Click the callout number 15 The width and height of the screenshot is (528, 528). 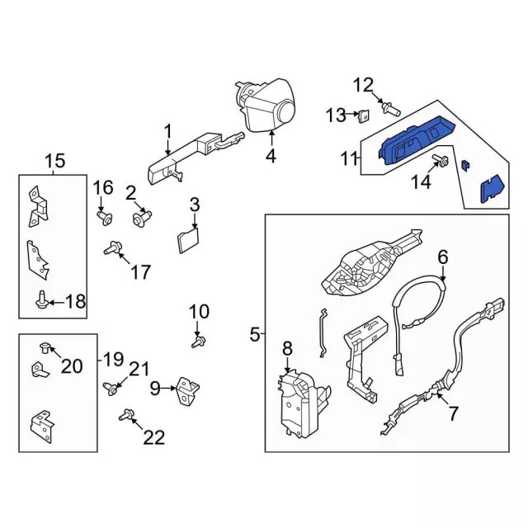[54, 159]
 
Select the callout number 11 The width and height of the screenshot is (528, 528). [350, 158]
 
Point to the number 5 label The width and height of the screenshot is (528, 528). [254, 334]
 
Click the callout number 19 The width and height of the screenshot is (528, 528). [113, 359]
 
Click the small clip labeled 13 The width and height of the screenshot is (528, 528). [363, 115]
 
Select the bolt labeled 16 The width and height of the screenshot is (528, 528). [105, 217]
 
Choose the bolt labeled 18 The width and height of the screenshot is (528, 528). [41, 301]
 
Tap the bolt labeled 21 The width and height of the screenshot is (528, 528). [108, 385]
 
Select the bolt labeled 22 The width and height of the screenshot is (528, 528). [128, 414]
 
